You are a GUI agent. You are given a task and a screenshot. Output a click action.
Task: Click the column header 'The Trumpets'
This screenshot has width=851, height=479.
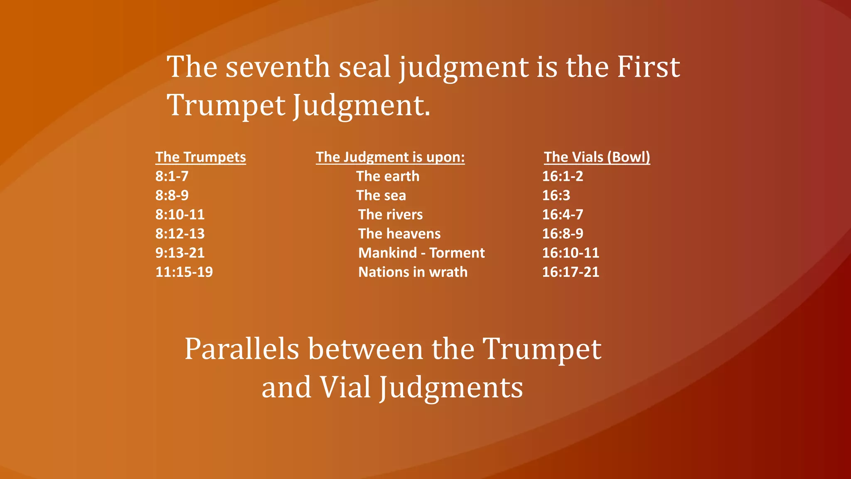(200, 157)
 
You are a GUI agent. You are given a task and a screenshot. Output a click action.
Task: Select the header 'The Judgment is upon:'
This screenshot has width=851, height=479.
(390, 157)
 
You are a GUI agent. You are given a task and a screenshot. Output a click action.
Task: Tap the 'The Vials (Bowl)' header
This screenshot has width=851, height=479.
(597, 157)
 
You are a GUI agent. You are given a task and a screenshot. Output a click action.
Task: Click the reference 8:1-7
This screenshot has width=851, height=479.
(172, 176)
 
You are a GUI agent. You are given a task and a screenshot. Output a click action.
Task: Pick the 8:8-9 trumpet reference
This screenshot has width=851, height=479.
(172, 195)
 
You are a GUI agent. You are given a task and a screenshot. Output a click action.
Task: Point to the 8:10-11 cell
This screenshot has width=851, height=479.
(180, 215)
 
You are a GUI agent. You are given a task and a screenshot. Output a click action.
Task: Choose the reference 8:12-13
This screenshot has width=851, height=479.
(180, 234)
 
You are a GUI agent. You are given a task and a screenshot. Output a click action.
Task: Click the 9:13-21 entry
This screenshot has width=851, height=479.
(180, 253)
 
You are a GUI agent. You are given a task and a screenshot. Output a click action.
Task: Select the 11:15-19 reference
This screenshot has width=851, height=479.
(184, 272)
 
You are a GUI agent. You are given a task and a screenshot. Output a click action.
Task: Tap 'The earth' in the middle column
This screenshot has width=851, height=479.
(388, 176)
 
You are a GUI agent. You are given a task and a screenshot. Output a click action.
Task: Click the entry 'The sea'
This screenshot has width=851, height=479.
(381, 195)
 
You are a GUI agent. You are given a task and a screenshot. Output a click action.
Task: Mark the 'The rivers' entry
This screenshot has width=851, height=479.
(391, 215)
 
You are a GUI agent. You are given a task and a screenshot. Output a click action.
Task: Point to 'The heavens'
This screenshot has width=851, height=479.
(399, 234)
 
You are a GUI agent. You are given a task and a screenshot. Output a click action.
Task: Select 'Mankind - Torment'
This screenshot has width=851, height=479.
(421, 253)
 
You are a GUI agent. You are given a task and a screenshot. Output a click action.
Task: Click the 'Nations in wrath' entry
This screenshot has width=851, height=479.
(413, 272)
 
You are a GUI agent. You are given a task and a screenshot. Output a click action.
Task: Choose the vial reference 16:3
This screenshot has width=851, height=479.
(556, 195)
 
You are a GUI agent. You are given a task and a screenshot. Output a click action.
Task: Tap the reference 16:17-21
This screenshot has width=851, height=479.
(571, 272)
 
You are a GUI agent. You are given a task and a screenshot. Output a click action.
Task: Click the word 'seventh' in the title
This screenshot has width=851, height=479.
(278, 67)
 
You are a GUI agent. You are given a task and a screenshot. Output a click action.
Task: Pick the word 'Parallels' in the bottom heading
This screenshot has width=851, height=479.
(242, 349)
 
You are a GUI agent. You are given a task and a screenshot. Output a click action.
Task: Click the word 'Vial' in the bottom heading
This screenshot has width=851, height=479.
(345, 388)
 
